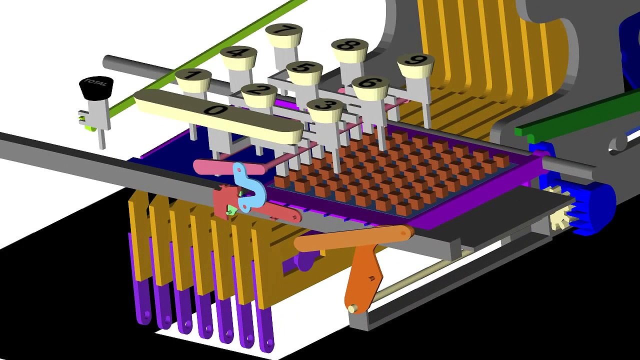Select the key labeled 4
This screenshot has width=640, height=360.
238,53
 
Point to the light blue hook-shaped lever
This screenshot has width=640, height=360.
248,187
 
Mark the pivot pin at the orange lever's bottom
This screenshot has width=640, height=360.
353,309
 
